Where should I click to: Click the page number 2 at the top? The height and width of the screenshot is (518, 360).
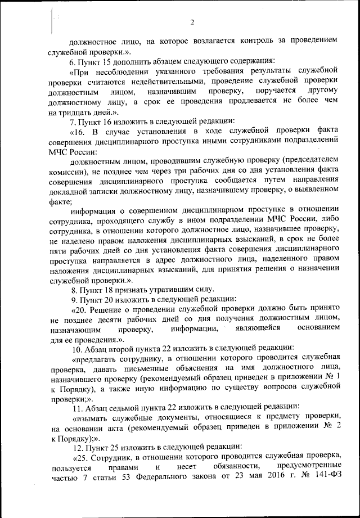click(x=192, y=22)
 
